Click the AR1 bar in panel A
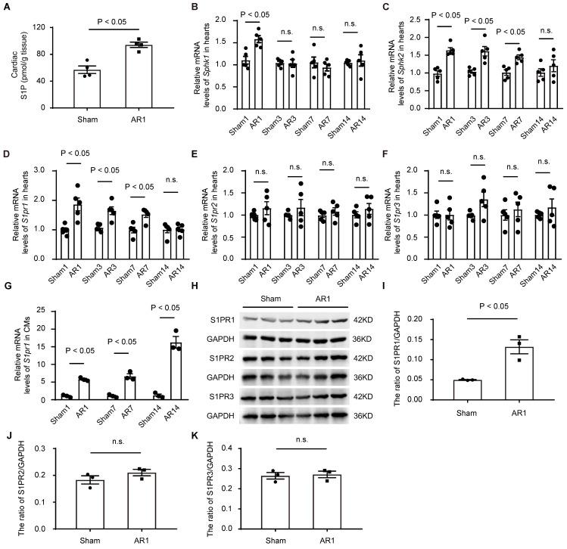pos(117,77)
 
